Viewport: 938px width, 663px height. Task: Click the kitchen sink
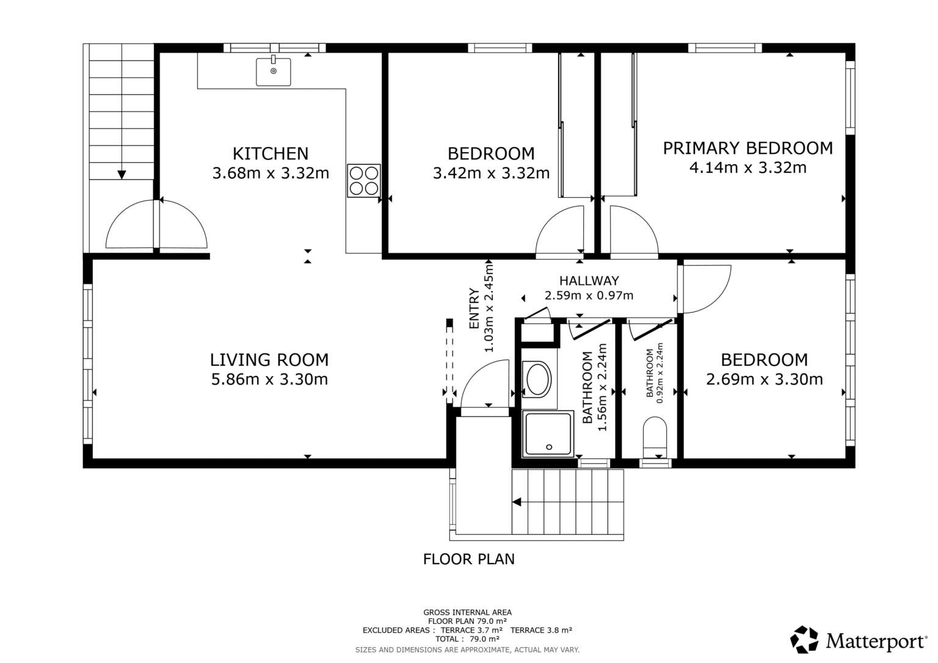(274, 72)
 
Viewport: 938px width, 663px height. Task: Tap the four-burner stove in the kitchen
(364, 181)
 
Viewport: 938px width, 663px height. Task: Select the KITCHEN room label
(271, 154)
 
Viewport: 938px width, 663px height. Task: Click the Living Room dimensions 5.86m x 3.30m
(269, 380)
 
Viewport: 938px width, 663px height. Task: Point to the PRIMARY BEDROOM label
(748, 148)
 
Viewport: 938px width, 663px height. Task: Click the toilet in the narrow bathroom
(655, 437)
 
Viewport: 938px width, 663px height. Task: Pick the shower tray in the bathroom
(548, 433)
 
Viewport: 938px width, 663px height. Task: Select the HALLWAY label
(589, 280)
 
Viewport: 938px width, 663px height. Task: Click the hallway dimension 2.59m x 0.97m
(589, 295)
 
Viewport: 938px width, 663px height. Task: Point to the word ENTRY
(474, 308)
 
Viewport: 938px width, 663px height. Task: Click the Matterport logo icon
(804, 640)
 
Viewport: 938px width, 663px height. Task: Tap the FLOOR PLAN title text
(468, 559)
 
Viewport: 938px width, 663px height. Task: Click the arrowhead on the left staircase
(122, 175)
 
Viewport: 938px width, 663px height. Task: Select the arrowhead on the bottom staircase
(517, 502)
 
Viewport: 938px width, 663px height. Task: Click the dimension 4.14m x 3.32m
(748, 168)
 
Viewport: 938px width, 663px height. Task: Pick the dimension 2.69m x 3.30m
(765, 380)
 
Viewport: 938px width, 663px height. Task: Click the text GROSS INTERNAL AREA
(467, 612)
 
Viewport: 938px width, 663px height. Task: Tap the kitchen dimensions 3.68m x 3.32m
(271, 173)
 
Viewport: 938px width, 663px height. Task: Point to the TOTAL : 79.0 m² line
(467, 639)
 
